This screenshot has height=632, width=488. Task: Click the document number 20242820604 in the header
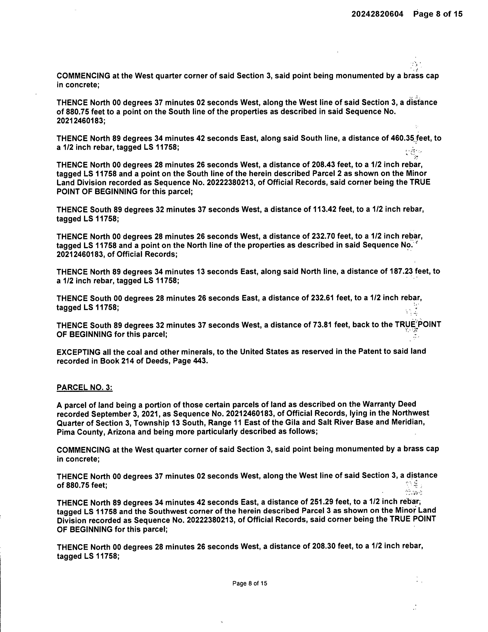377,14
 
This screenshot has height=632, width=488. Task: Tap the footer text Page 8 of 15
250,583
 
